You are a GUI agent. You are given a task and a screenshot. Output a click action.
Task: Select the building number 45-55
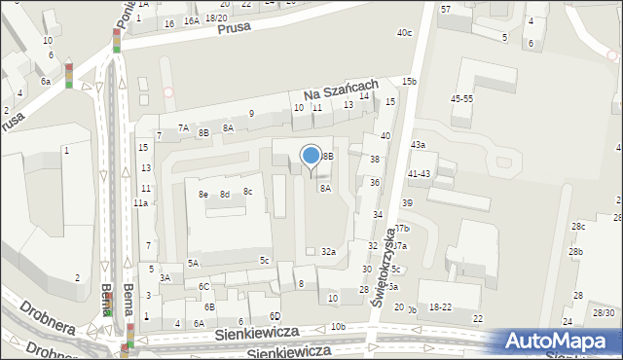point(461,99)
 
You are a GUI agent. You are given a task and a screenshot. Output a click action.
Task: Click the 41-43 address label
point(420,173)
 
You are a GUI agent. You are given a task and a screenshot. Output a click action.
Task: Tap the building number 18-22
point(441,306)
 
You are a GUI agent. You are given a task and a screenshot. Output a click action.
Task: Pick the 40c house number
point(404,33)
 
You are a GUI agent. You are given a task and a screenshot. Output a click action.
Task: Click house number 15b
point(409,81)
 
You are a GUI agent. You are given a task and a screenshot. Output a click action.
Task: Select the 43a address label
point(418,145)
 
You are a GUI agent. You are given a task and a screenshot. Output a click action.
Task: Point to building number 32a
point(329,252)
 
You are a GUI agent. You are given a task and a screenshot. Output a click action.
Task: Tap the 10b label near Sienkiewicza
point(338,326)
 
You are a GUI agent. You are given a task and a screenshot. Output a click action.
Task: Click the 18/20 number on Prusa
point(216,18)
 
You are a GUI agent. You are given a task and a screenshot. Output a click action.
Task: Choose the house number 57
point(446,9)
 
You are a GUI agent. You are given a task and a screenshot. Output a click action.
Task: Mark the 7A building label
point(183,127)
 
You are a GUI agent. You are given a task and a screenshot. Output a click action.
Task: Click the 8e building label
point(203,195)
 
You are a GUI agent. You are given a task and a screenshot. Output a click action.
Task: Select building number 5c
point(264,260)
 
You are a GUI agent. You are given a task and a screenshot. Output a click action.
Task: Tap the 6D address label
point(275,316)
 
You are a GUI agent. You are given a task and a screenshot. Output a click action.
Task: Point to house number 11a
point(140,203)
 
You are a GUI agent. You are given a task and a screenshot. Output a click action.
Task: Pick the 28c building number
point(578,227)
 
